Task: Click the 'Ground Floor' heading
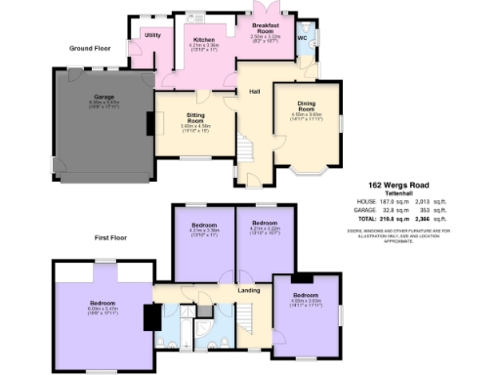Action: click(89, 46)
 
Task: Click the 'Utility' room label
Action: click(152, 35)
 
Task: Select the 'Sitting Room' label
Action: click(195, 119)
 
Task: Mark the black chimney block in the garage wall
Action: click(150, 125)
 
